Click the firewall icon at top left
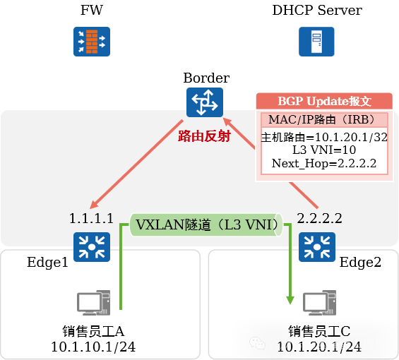pyautogui.click(x=92, y=42)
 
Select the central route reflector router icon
pyautogui.click(x=205, y=103)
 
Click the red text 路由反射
pyautogui.click(x=204, y=136)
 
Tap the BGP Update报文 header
pyautogui.click(x=324, y=101)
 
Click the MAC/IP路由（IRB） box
pyautogui.click(x=324, y=120)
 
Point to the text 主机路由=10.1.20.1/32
pyautogui.click(x=324, y=137)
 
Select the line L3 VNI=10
pyautogui.click(x=324, y=150)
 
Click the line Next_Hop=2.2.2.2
pyautogui.click(x=324, y=164)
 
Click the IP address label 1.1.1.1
pyautogui.click(x=91, y=218)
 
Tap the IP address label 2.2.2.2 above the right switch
pyautogui.click(x=320, y=218)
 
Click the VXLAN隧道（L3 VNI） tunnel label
pyautogui.click(x=205, y=225)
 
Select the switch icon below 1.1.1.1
pyautogui.click(x=92, y=247)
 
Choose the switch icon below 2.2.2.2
pyautogui.click(x=317, y=247)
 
